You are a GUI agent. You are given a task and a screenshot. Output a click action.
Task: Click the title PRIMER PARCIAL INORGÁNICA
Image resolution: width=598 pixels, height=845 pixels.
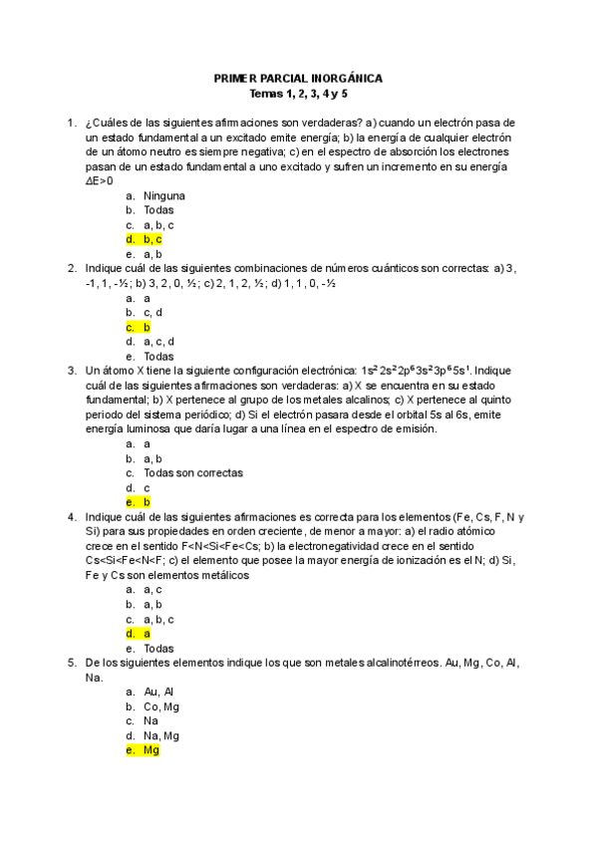pyautogui.click(x=298, y=79)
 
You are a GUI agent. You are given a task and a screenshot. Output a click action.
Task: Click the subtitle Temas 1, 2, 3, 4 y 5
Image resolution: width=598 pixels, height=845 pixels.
pyautogui.click(x=298, y=94)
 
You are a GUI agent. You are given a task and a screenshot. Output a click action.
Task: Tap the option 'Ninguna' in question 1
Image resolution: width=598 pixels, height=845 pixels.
pyautogui.click(x=163, y=195)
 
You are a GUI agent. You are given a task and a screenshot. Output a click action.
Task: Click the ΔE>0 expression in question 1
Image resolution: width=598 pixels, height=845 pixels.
pyautogui.click(x=99, y=180)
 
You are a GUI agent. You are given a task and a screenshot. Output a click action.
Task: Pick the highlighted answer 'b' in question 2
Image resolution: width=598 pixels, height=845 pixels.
pyautogui.click(x=147, y=327)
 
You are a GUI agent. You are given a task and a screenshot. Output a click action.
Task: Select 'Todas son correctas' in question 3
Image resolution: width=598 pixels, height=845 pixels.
pyautogui.click(x=192, y=473)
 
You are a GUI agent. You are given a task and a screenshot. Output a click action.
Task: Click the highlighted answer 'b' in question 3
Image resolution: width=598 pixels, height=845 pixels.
pyautogui.click(x=147, y=502)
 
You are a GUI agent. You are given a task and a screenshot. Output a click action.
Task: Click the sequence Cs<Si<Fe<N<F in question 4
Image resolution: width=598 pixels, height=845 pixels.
pyautogui.click(x=126, y=561)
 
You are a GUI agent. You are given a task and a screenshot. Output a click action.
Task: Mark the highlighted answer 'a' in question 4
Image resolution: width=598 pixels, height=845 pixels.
pyautogui.click(x=147, y=634)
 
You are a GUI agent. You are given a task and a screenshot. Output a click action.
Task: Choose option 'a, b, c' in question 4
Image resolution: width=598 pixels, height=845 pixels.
pyautogui.click(x=158, y=619)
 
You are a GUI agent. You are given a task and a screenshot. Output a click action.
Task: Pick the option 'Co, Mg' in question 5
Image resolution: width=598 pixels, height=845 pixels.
pyautogui.click(x=160, y=706)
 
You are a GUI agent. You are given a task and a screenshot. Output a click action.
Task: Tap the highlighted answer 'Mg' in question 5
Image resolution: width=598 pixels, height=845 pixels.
pyautogui.click(x=150, y=750)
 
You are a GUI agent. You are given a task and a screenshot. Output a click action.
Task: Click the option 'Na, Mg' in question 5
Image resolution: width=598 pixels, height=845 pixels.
pyautogui.click(x=160, y=735)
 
